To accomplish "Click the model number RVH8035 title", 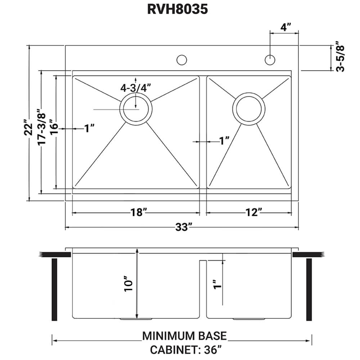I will click(177, 9).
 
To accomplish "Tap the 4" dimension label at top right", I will click(284, 27).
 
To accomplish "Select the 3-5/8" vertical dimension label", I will click(340, 58).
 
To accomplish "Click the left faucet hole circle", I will click(182, 60).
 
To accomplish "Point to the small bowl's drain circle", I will click(249, 109).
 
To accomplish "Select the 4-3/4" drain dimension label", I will click(135, 87).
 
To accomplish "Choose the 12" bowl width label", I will click(249, 213).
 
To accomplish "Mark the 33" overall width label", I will click(183, 228).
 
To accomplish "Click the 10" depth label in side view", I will click(129, 284).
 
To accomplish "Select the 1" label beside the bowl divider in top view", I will click(225, 141).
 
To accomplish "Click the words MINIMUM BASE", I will click(184, 336).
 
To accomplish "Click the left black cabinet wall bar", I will click(55, 289).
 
